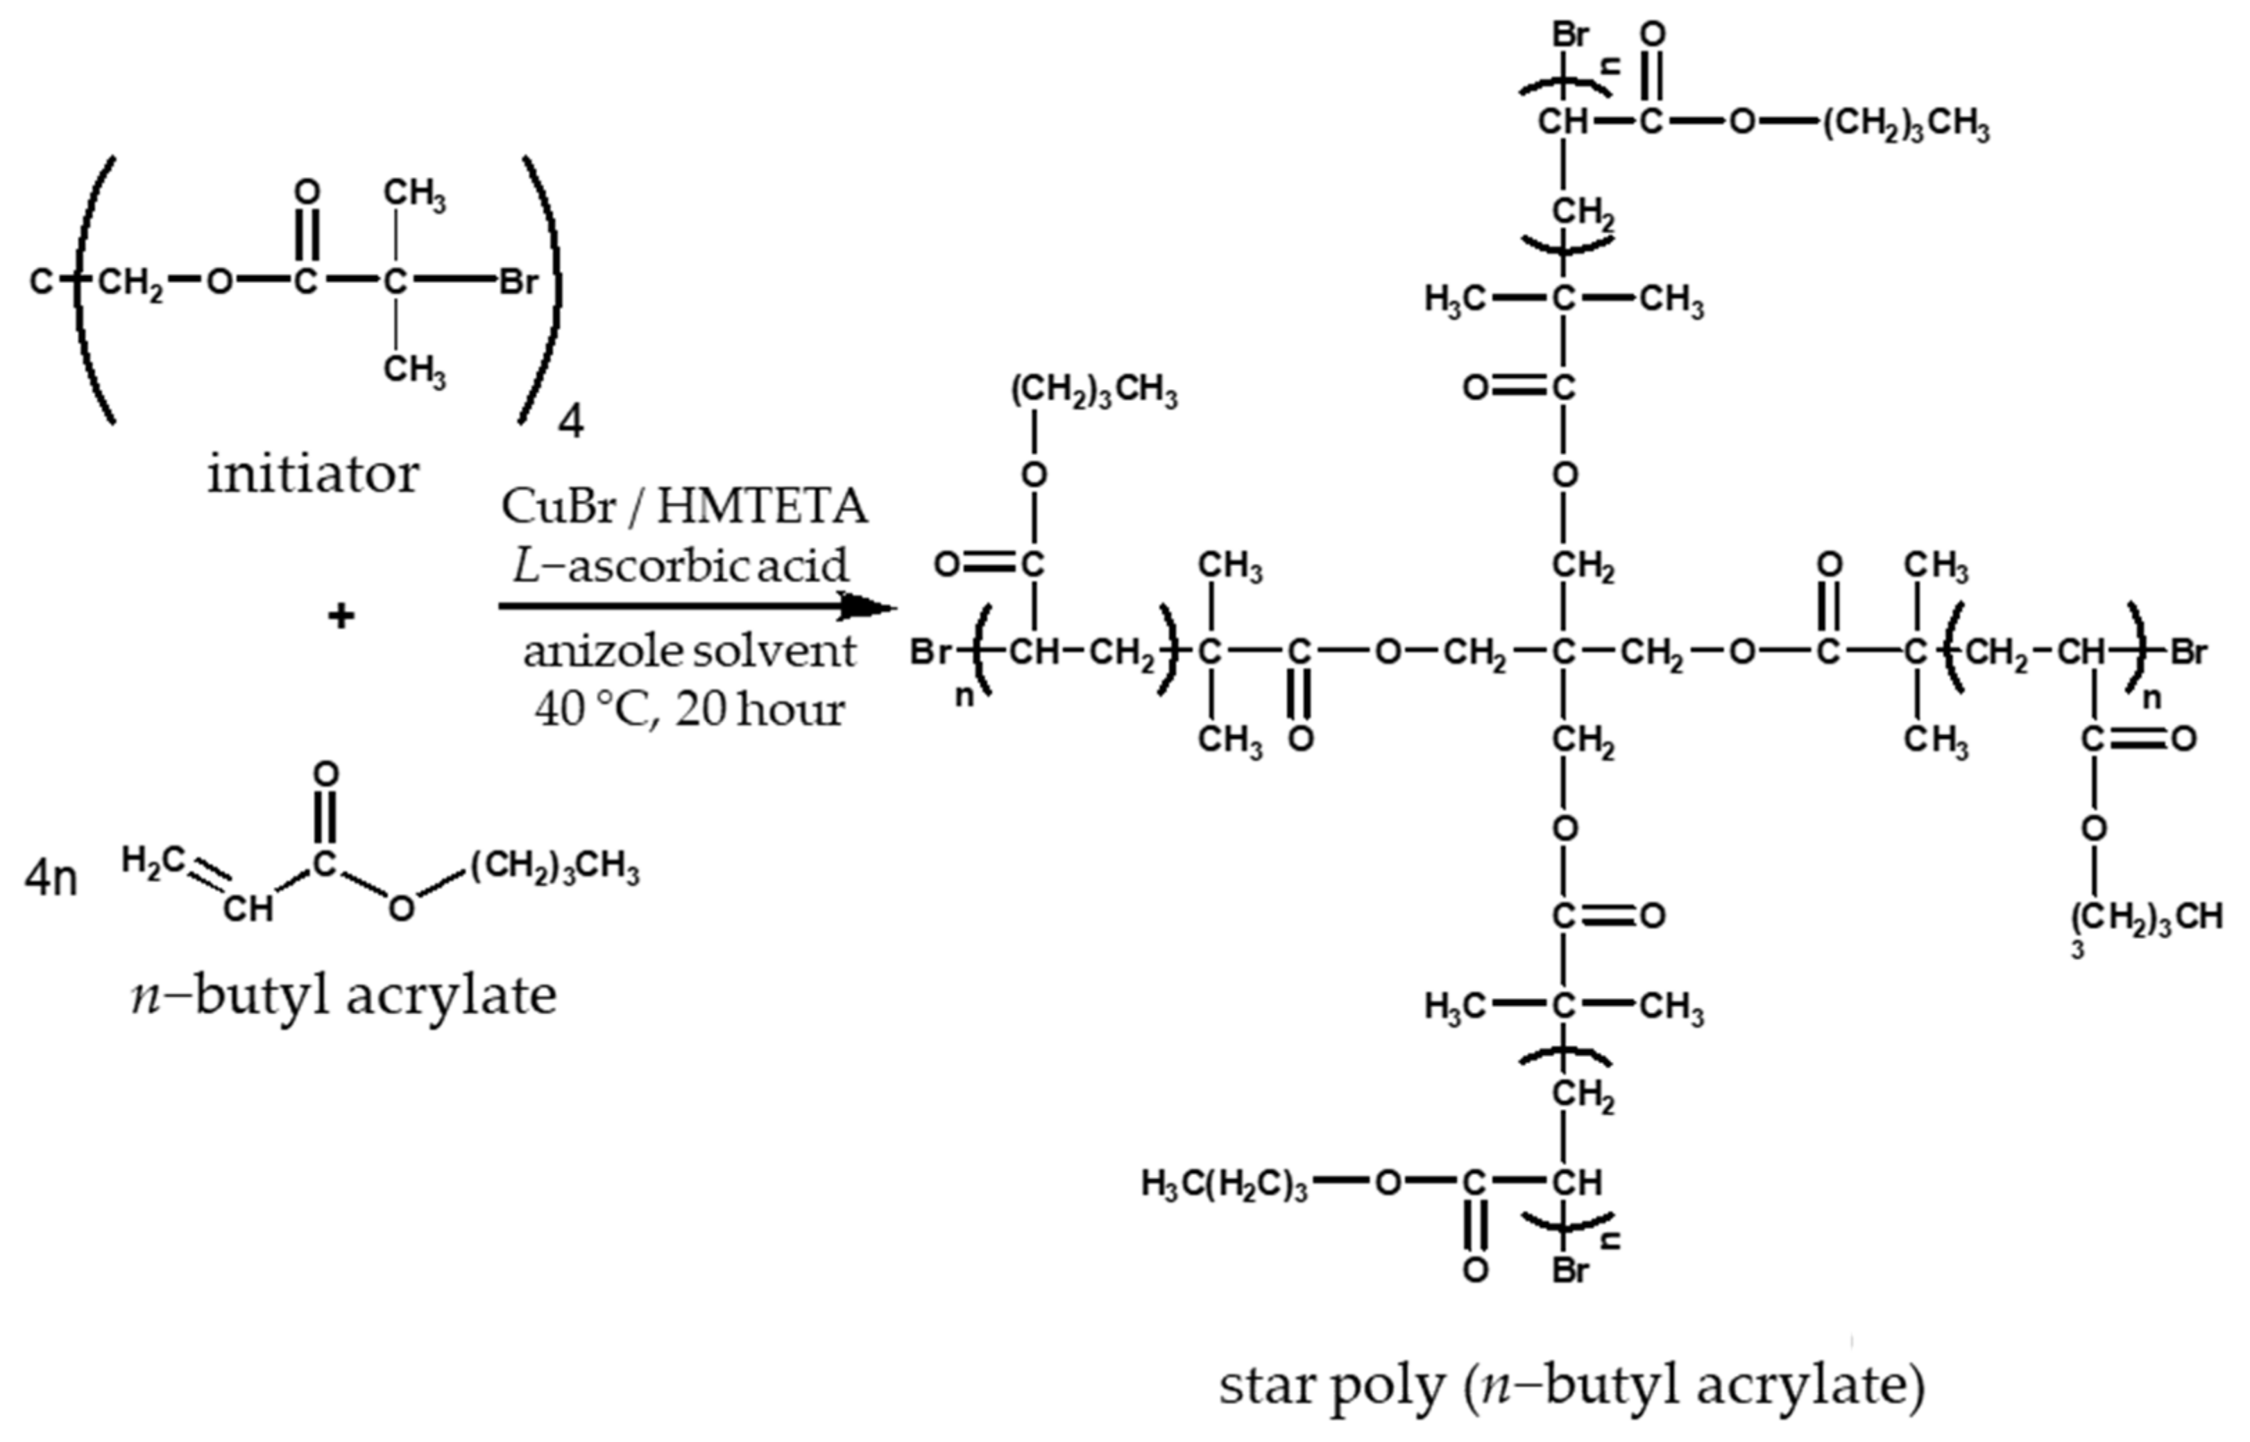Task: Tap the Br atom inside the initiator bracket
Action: point(518,281)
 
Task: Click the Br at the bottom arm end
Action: point(1570,1271)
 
